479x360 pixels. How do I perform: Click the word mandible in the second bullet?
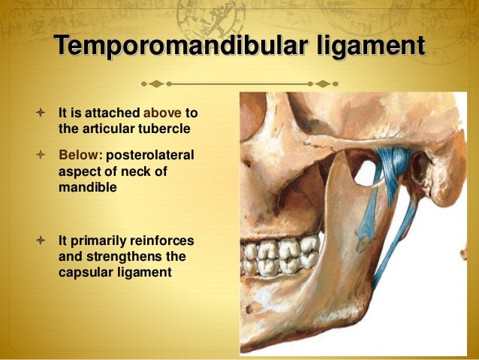pos(87,188)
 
